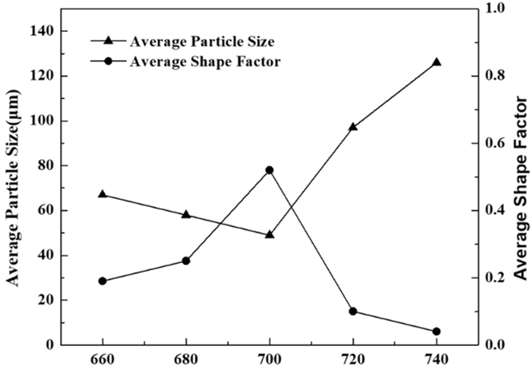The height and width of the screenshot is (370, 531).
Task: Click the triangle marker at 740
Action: click(436, 62)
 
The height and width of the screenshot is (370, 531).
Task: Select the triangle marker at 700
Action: click(269, 235)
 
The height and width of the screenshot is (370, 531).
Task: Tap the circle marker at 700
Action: click(269, 170)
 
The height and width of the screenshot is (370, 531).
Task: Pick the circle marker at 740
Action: click(436, 332)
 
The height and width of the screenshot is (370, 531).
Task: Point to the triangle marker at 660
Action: click(102, 194)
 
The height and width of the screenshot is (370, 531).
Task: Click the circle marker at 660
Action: click(102, 281)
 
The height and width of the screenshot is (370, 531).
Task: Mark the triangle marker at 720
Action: click(353, 126)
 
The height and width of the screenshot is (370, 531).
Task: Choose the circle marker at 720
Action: click(353, 312)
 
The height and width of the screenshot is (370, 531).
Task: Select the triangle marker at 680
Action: click(186, 214)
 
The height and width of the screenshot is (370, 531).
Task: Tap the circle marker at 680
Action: click(186, 261)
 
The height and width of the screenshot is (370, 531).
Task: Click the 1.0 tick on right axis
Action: click(494, 8)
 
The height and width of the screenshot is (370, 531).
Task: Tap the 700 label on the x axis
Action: click(269, 360)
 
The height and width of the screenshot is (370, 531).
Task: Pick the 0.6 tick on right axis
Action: click(494, 143)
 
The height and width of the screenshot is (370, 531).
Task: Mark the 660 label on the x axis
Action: click(102, 360)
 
